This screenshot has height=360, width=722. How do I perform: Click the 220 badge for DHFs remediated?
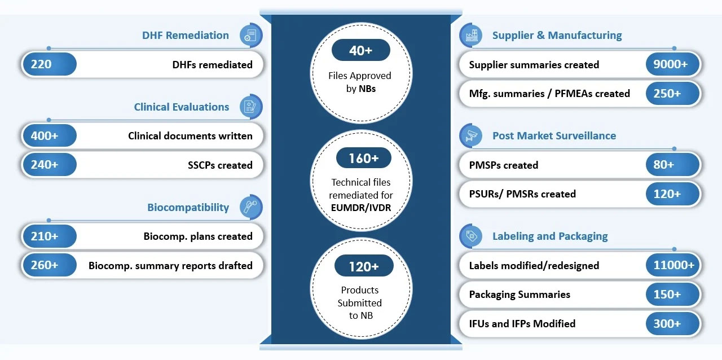[x=50, y=64]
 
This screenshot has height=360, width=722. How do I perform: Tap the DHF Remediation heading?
[x=186, y=35]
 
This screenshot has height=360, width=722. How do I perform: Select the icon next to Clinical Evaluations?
[x=251, y=107]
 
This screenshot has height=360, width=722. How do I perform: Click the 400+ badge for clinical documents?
[x=50, y=135]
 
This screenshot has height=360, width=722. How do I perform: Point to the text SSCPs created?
[x=220, y=165]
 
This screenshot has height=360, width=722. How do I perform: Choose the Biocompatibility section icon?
[x=251, y=207]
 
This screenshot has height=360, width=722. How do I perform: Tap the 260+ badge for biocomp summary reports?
[x=50, y=265]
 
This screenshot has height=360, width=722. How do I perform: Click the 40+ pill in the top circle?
[x=360, y=50]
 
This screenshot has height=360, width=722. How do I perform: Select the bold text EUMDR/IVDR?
[x=360, y=208]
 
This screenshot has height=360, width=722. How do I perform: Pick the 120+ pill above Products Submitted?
[x=364, y=266]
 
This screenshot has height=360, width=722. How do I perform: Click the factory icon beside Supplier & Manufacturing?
[x=471, y=35]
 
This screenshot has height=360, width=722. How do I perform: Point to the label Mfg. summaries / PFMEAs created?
[x=549, y=94]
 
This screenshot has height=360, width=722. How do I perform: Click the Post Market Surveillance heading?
[x=554, y=136]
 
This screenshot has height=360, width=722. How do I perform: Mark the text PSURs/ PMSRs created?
[x=522, y=194]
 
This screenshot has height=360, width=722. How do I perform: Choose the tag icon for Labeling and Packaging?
[x=471, y=236]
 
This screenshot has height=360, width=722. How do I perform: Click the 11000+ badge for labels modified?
[x=673, y=265]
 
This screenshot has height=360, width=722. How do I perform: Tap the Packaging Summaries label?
[x=520, y=295]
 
